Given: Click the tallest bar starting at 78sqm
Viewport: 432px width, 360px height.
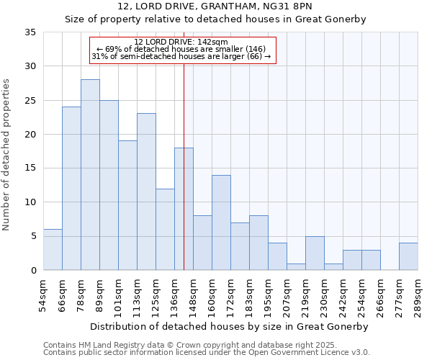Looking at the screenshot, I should point(90,174).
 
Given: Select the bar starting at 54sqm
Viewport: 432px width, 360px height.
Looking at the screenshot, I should point(53,249).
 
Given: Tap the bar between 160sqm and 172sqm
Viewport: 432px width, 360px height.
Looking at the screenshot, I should point(221,222).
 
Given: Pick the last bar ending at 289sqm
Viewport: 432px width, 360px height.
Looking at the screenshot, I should point(408,256).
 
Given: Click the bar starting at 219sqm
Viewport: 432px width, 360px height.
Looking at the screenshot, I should point(315,253).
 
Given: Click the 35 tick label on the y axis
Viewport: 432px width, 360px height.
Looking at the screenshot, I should point(30,32).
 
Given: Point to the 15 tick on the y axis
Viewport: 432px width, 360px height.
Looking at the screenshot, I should point(30,168).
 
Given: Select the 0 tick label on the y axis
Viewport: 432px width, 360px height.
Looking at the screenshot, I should point(33,271).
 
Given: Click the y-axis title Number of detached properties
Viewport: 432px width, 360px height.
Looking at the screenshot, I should point(7,154).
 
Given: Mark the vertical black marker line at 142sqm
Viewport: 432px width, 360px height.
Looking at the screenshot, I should point(184,180).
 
